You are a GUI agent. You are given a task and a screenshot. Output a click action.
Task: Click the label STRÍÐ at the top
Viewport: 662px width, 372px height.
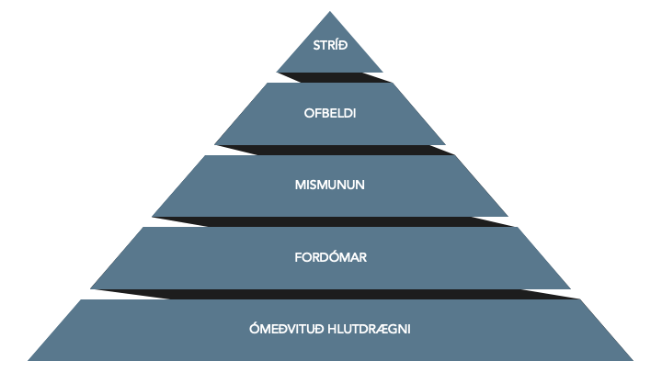point(329,43)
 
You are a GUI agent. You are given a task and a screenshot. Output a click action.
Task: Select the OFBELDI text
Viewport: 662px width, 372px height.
point(330,114)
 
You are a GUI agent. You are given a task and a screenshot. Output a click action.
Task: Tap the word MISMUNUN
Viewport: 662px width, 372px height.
point(330,185)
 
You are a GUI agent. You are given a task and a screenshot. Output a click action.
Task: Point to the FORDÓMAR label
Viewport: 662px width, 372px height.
point(330,257)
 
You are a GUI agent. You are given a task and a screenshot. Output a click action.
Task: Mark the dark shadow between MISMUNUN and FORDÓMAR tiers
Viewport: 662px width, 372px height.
point(331,221)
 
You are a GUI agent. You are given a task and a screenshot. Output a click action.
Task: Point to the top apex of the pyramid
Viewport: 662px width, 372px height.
point(330,12)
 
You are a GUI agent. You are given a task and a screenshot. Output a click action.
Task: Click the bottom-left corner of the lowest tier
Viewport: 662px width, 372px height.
point(29,359)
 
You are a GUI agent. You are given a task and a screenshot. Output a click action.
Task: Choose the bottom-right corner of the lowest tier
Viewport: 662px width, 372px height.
point(633,359)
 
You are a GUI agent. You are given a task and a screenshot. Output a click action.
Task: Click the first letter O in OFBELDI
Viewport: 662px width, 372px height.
point(308,114)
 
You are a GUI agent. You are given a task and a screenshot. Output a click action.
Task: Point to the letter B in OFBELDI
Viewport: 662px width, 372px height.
point(324,114)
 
